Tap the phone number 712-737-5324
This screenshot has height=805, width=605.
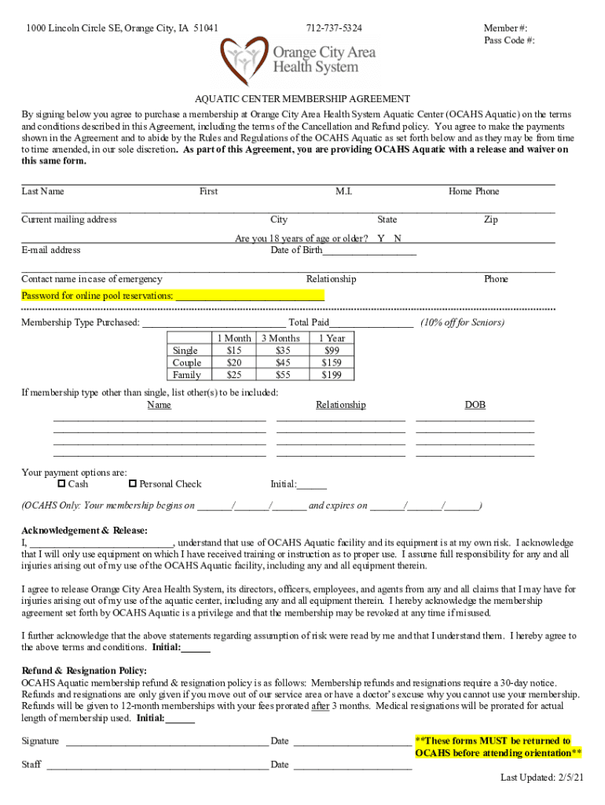coord(334,28)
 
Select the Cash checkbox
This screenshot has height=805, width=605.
coord(62,483)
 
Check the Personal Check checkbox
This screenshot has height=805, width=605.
coord(133,483)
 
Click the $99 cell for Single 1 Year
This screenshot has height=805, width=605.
coord(332,351)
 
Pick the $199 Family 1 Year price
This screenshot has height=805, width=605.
coord(332,375)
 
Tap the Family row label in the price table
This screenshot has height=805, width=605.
coord(186,375)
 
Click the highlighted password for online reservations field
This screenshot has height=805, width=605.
coord(249,296)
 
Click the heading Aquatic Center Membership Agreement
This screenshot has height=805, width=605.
coord(302,99)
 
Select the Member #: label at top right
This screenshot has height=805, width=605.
coord(505,28)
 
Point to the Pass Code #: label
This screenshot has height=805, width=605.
coord(509,41)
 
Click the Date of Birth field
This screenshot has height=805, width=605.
coord(368,251)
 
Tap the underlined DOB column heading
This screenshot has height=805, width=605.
coord(475,405)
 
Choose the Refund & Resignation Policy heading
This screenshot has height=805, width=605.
coord(84,671)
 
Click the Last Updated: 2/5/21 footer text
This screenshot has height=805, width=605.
coord(542,777)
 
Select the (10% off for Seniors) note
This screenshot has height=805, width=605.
coord(462,322)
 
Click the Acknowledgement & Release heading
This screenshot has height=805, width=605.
coord(84,531)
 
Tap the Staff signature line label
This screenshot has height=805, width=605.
coord(31,764)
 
